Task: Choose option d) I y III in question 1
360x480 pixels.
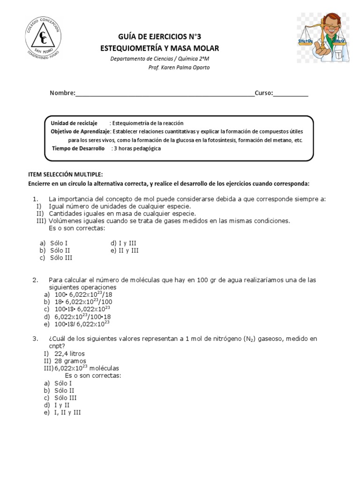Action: pyautogui.click(x=123, y=243)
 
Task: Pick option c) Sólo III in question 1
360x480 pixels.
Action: pyautogui.click(x=56, y=257)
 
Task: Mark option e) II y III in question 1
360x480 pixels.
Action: pyautogui.click(x=125, y=250)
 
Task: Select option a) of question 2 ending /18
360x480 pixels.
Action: pyautogui.click(x=77, y=294)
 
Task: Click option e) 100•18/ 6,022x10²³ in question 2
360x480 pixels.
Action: pyautogui.click(x=77, y=323)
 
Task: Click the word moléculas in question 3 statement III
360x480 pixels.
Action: pyautogui.click(x=104, y=368)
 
